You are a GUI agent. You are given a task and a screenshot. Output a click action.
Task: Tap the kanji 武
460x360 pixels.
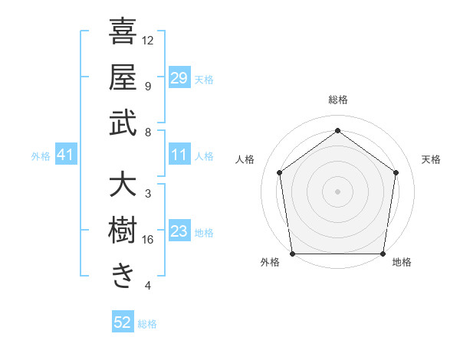tap(123, 123)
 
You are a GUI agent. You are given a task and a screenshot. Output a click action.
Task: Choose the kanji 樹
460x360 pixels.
tap(123, 231)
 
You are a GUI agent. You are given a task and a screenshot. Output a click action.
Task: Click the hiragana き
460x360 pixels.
tap(123, 276)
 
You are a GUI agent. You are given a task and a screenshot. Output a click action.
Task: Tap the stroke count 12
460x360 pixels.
tap(149, 40)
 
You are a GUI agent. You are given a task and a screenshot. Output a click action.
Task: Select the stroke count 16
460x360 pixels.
tap(149, 240)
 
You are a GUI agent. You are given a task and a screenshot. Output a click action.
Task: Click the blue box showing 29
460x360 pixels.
tap(179, 78)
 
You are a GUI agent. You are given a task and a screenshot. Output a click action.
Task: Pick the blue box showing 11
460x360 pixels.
tap(179, 155)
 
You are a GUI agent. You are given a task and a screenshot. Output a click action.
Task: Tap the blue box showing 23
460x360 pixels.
tap(179, 232)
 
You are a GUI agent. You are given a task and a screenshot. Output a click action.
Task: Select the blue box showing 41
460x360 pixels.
tap(66, 155)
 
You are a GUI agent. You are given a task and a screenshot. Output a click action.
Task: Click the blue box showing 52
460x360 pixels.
tap(123, 322)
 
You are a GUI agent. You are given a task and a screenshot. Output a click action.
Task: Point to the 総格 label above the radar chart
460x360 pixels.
tap(338, 100)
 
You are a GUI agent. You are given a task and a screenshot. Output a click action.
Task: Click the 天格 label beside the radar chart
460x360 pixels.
tap(432, 159)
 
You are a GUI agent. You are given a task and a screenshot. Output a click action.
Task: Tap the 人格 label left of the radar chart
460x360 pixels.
tap(245, 159)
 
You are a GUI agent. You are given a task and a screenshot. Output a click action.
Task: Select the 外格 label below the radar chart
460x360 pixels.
tap(270, 262)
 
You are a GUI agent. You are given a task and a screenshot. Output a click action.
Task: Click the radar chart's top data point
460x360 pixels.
tap(338, 131)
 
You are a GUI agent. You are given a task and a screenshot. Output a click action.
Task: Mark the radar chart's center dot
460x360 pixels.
tap(338, 191)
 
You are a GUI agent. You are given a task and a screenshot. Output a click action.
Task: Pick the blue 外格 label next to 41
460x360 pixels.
tap(41, 156)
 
